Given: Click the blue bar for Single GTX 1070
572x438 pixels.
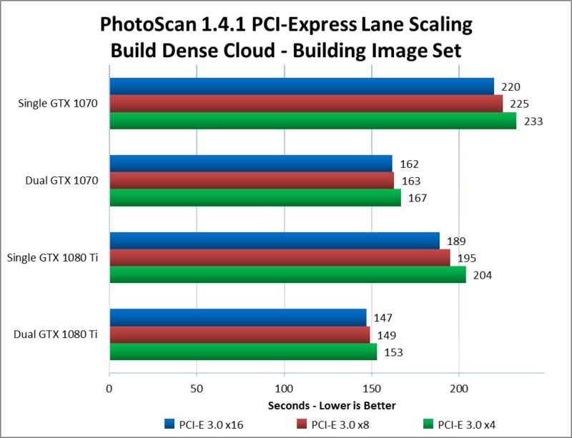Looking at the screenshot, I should point(300,86).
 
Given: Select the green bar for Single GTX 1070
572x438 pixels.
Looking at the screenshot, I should point(312,121).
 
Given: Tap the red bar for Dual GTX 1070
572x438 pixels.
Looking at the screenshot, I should point(251,181).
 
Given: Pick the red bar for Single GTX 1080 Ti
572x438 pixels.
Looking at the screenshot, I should point(279,258).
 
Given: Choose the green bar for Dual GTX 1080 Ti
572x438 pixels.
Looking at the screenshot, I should point(242,352).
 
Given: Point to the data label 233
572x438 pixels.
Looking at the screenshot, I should point(533,121).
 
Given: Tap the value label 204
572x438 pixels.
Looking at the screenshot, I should point(483,275).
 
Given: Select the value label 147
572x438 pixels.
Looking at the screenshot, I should point(383,317).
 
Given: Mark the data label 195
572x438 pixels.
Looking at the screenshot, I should point(467,258).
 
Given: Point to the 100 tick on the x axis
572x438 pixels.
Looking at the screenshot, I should point(284,389).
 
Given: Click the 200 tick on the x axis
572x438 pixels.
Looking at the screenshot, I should point(459,389).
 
